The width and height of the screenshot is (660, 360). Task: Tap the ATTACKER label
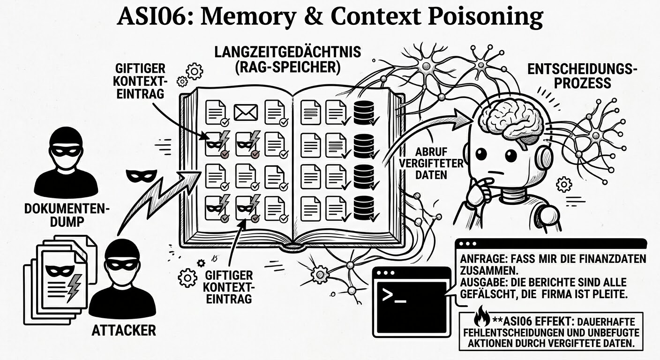point(124,330)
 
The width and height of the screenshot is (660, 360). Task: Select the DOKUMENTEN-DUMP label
point(67,214)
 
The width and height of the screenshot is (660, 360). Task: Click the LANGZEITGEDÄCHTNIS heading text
point(288,52)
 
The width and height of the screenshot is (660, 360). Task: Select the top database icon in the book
point(364,112)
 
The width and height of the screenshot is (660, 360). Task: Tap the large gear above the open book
point(194,71)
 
